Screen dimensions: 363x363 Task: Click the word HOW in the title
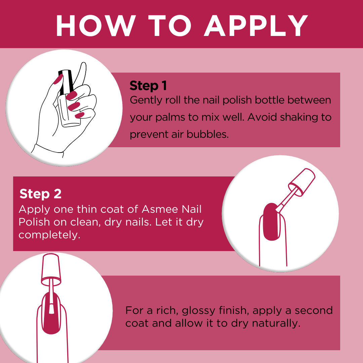tap(95, 26)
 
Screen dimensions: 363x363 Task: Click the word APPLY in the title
tap(256, 26)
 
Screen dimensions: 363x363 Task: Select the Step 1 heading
tap(148, 86)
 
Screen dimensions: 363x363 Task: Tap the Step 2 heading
tap(41, 194)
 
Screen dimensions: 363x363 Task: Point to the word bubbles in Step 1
tap(207, 134)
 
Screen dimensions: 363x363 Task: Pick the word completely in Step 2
tap(49, 235)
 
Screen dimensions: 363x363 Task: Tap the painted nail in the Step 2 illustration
tap(271, 222)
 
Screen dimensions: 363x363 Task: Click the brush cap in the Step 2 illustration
tap(302, 182)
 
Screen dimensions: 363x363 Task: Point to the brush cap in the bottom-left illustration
tap(51, 269)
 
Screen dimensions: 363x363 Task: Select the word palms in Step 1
tap(170, 118)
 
